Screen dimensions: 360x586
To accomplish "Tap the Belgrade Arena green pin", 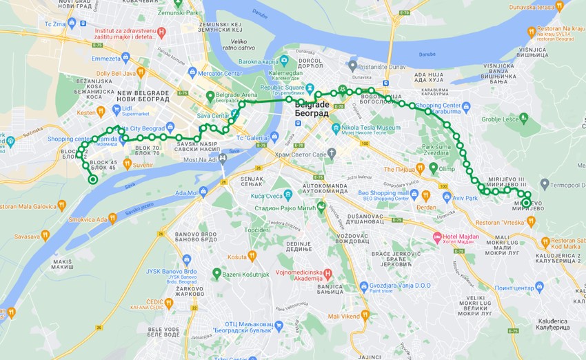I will (210, 96).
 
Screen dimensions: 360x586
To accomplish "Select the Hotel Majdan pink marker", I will (436, 237).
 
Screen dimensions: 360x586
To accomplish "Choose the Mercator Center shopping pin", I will (192, 72).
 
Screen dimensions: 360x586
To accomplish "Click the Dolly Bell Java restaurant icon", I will (141, 72).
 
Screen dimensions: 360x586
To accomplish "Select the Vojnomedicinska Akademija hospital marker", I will (327, 273).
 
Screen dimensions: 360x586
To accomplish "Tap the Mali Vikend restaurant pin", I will (365, 315).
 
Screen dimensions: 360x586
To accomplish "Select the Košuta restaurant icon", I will (252, 256).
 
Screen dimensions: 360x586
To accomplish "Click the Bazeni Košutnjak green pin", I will (216, 274).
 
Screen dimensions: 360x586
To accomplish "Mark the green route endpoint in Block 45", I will (92, 180).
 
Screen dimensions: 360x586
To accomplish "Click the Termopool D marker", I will (545, 184).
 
